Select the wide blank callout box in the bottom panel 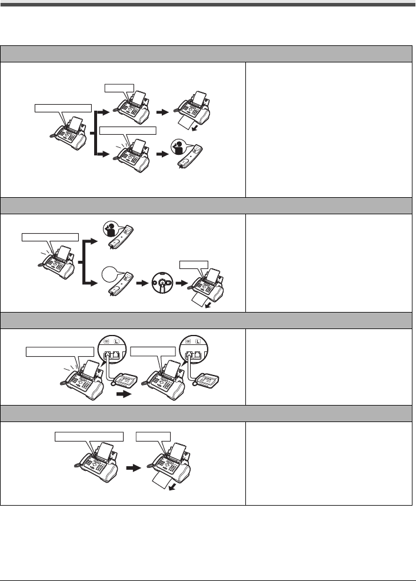[89, 437]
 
